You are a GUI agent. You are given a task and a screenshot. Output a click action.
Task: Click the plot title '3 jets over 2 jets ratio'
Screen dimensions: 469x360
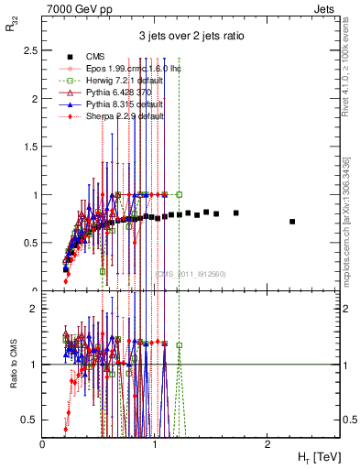(191, 38)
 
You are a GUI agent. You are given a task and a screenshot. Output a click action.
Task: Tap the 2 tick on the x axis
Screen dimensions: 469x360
(267, 443)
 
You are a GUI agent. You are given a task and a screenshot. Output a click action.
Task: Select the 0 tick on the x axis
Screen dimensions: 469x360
(43, 443)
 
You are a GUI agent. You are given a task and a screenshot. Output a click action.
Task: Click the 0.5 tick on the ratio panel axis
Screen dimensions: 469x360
(29, 419)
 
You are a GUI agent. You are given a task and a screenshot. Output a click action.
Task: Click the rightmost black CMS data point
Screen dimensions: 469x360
(292, 222)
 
